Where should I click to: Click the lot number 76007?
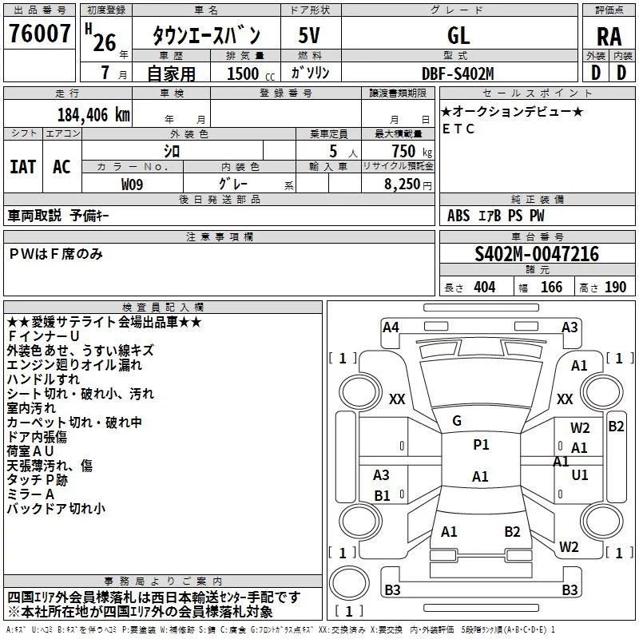tap(39, 34)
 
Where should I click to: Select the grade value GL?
tap(458, 35)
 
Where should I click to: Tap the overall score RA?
tap(609, 37)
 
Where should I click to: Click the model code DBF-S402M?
tap(458, 73)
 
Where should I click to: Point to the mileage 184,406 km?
tap(93, 115)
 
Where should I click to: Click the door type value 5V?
tap(309, 35)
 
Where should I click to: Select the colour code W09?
tap(132, 185)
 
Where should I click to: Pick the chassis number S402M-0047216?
tap(537, 254)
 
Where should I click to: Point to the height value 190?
tap(615, 287)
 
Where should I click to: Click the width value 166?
tap(551, 287)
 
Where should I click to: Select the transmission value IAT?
tap(23, 167)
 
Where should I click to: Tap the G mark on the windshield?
tap(457, 421)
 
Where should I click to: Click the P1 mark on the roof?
tap(481, 445)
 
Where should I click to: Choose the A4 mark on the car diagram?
tap(391, 327)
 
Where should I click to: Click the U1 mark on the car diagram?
tap(580, 474)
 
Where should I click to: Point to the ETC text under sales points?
tap(458, 129)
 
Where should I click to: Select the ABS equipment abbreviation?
tap(458, 216)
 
